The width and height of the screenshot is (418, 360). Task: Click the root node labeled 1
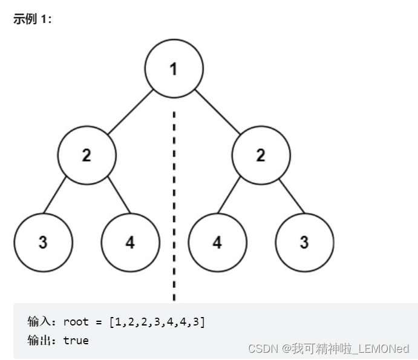pyautogui.click(x=174, y=68)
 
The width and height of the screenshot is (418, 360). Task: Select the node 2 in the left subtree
pyautogui.click(x=87, y=155)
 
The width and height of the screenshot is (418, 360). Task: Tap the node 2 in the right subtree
pyautogui.click(x=261, y=155)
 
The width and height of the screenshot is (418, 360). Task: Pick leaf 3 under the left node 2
pyautogui.click(x=43, y=243)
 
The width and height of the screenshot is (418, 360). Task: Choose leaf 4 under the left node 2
pyautogui.click(x=130, y=243)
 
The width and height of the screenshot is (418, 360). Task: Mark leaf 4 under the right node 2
pyautogui.click(x=217, y=243)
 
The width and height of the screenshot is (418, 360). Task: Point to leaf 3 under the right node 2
pyautogui.click(x=304, y=243)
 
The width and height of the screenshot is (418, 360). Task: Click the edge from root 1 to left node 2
pyautogui.click(x=130, y=112)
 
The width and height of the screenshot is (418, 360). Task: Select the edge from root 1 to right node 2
pyautogui.click(x=217, y=112)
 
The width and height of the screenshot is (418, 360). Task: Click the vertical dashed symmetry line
pyautogui.click(x=174, y=200)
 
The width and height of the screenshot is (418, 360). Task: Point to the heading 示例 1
pyautogui.click(x=33, y=19)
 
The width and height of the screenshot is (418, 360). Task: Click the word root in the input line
pyautogui.click(x=76, y=322)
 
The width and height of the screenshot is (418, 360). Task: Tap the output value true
pyautogui.click(x=76, y=341)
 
